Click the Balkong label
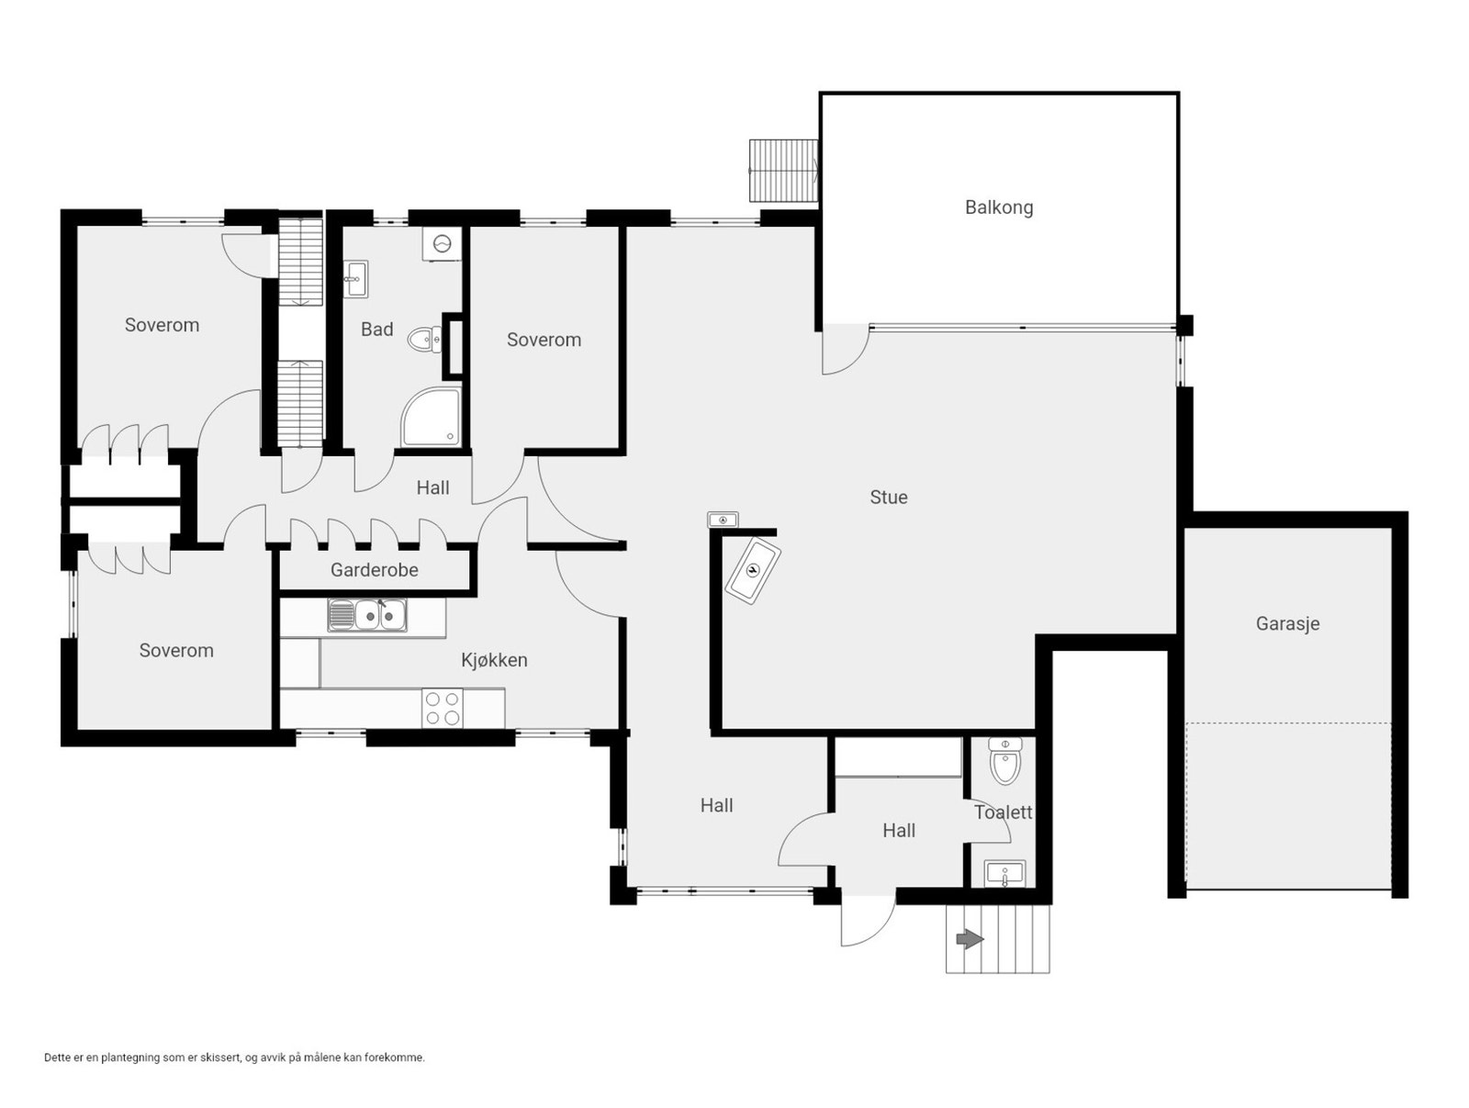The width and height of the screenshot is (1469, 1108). [999, 207]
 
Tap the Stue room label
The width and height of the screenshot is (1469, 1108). [888, 498]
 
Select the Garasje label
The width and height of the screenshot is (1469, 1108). [1287, 624]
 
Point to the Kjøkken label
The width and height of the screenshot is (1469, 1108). [494, 660]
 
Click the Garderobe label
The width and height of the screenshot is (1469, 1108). [374, 570]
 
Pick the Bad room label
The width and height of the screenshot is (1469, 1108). [376, 330]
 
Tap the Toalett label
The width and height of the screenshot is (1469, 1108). [1003, 812]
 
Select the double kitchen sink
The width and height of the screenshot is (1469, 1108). [366, 615]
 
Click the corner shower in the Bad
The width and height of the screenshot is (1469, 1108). [431, 417]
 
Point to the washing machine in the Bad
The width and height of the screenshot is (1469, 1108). [442, 243]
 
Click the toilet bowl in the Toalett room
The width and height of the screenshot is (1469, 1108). [1004, 761]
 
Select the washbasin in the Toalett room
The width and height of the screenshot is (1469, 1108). [1004, 874]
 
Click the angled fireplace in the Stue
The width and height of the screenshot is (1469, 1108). [753, 570]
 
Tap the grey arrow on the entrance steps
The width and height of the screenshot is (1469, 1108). [970, 940]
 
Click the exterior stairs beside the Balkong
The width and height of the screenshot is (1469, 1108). [783, 170]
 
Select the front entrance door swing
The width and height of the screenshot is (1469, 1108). [868, 920]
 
